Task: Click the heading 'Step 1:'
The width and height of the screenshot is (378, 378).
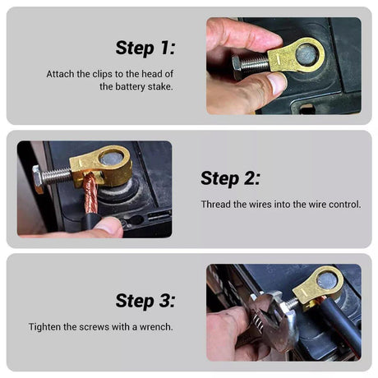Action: pos(145,48)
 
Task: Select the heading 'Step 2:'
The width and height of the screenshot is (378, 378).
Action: pos(230,178)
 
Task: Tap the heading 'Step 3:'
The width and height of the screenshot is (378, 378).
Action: pos(145,301)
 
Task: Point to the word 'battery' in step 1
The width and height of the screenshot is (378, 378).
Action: pos(135,85)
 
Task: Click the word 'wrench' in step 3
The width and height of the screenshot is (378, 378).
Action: pos(154,326)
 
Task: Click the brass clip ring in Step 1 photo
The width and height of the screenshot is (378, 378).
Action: pos(306,55)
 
